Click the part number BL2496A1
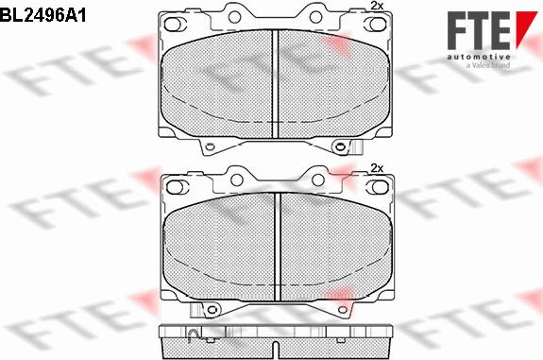[x=42, y=16]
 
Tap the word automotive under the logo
[x=478, y=57]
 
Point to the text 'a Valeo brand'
[x=488, y=65]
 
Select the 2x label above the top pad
[x=377, y=6]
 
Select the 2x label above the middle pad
[x=377, y=168]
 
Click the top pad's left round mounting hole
[x=234, y=17]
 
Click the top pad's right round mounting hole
[x=315, y=17]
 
